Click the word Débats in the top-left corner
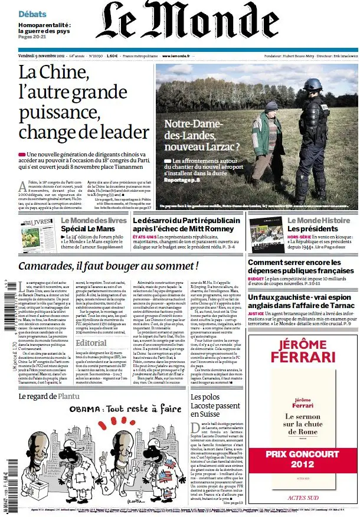point(33,13)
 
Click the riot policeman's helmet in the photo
point(313,84)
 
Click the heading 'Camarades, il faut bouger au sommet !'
point(107,266)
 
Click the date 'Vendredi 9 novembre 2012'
point(41,56)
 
